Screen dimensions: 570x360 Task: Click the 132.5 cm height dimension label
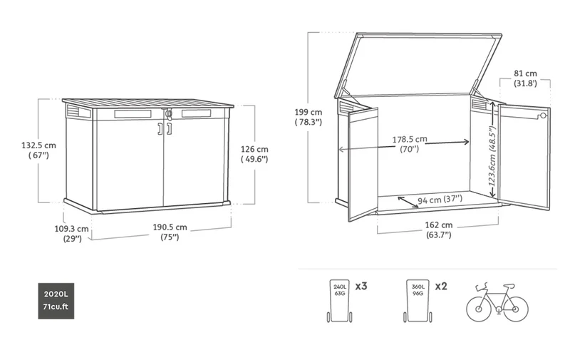point(38,150)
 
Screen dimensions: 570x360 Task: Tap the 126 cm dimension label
point(254,154)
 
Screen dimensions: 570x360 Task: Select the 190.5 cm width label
point(170,232)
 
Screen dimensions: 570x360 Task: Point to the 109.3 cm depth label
point(72,233)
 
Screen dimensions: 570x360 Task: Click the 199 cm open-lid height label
point(309,117)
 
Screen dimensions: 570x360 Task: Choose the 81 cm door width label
point(525,78)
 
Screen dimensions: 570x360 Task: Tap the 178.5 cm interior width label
point(410,143)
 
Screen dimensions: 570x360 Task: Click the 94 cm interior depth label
point(440,200)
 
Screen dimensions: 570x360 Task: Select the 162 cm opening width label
point(439,230)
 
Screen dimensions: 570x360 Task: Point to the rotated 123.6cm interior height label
point(492,156)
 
